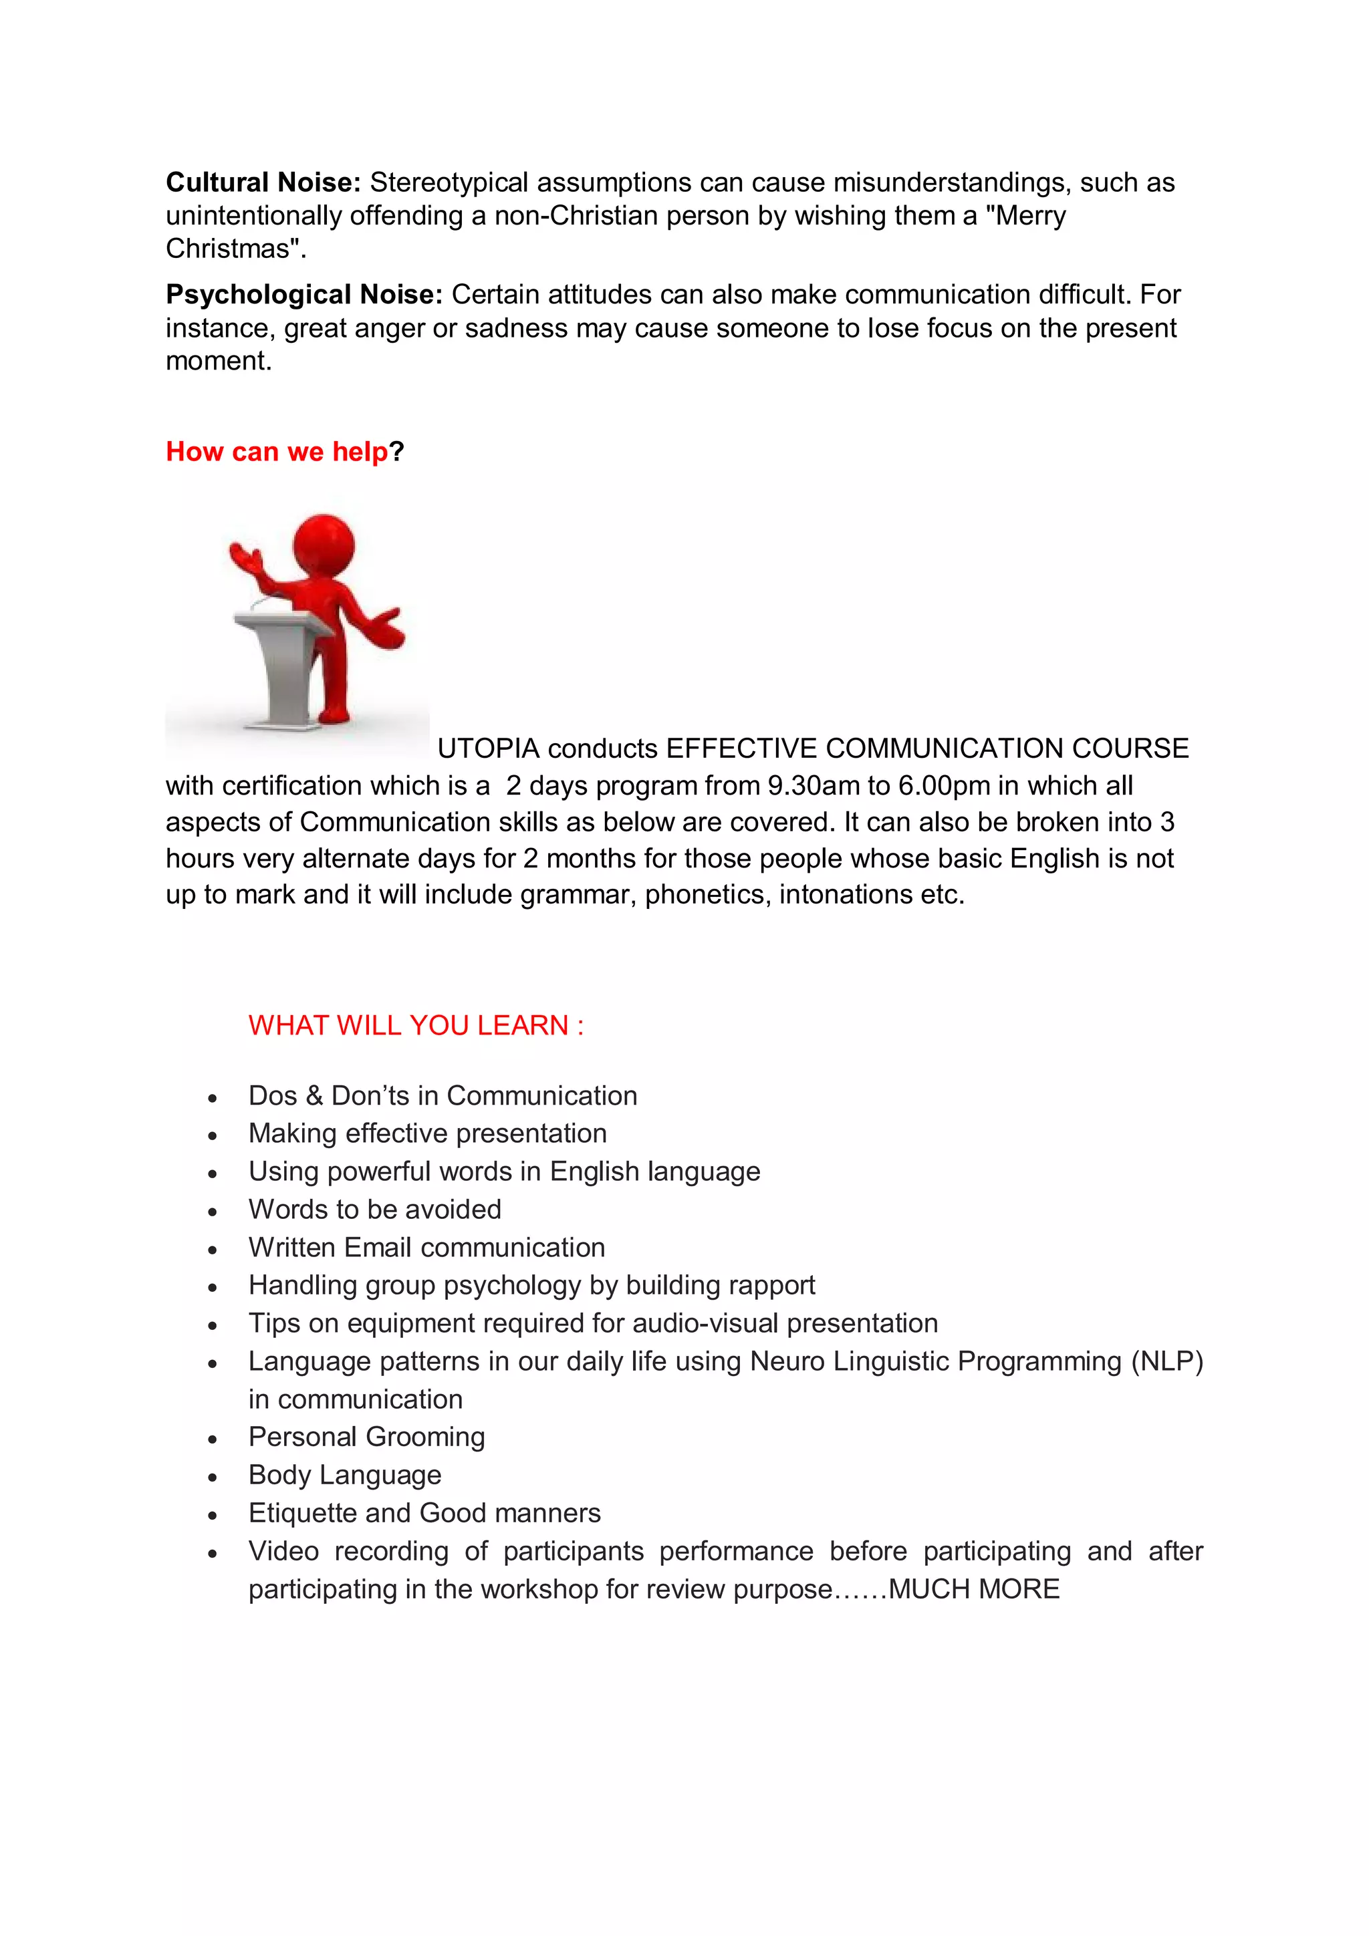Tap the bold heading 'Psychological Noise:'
pyautogui.click(x=303, y=294)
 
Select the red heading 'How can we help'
pyautogui.click(x=277, y=452)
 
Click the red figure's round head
pyautogui.click(x=324, y=545)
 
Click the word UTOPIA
pyautogui.click(x=487, y=748)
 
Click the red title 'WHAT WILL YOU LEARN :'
pyautogui.click(x=416, y=1025)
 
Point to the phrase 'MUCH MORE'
pyautogui.click(x=973, y=1588)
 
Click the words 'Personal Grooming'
pyautogui.click(x=366, y=1437)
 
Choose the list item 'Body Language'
pyautogui.click(x=345, y=1475)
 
